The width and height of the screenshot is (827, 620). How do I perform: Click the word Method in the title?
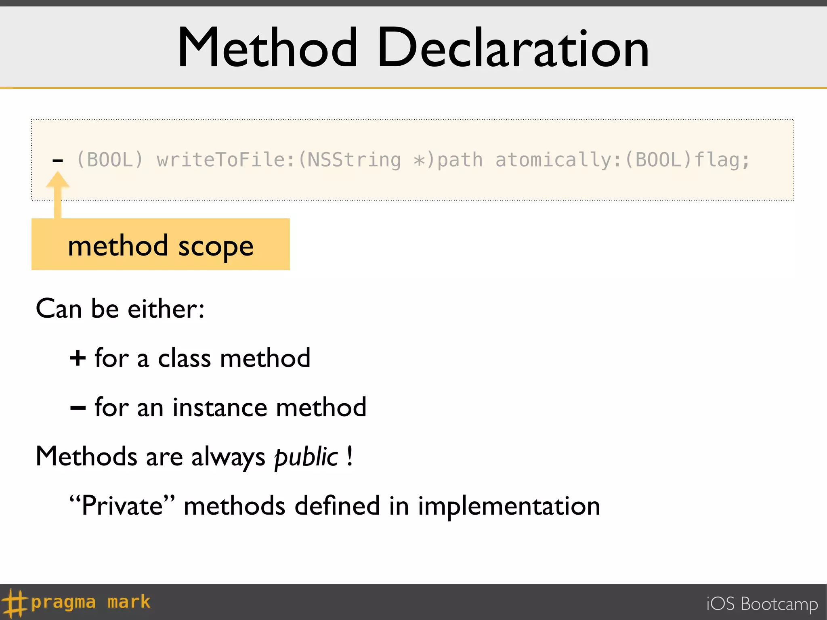click(267, 48)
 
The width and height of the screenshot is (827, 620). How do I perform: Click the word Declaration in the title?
click(512, 48)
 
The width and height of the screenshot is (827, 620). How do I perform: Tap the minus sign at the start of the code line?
click(58, 161)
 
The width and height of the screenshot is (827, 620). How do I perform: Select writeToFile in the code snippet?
click(221, 160)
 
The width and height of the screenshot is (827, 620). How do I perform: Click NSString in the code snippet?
click(354, 160)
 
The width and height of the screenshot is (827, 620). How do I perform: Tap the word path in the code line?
click(460, 160)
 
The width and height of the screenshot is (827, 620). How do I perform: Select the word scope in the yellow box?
click(216, 246)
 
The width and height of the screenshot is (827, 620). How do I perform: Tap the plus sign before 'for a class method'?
click(78, 358)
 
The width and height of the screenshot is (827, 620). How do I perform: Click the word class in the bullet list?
click(184, 358)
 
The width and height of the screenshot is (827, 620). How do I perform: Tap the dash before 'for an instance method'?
click(78, 408)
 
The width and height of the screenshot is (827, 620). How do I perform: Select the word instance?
click(220, 407)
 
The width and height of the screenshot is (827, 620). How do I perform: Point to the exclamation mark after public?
click(350, 456)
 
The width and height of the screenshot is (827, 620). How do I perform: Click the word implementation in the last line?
click(509, 506)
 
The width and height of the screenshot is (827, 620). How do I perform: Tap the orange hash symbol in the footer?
click(15, 603)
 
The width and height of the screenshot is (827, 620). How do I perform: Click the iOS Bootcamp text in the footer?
click(762, 604)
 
